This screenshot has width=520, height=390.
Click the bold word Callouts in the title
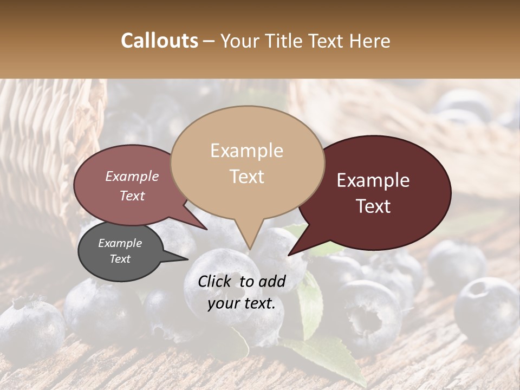(159, 41)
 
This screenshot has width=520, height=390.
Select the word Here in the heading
(372, 41)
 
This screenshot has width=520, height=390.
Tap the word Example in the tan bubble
(246, 151)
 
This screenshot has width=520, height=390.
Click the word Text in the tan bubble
(246, 177)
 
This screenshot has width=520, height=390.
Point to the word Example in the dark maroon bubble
(373, 180)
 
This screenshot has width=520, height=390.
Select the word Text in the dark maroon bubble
(373, 206)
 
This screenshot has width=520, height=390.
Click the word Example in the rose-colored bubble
(132, 177)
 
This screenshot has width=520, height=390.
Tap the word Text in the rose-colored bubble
(132, 196)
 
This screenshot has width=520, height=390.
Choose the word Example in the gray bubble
(120, 243)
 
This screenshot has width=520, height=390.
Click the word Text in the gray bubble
(120, 259)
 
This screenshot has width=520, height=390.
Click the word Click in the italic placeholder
(216, 281)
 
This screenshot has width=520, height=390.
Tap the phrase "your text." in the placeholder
(241, 304)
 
